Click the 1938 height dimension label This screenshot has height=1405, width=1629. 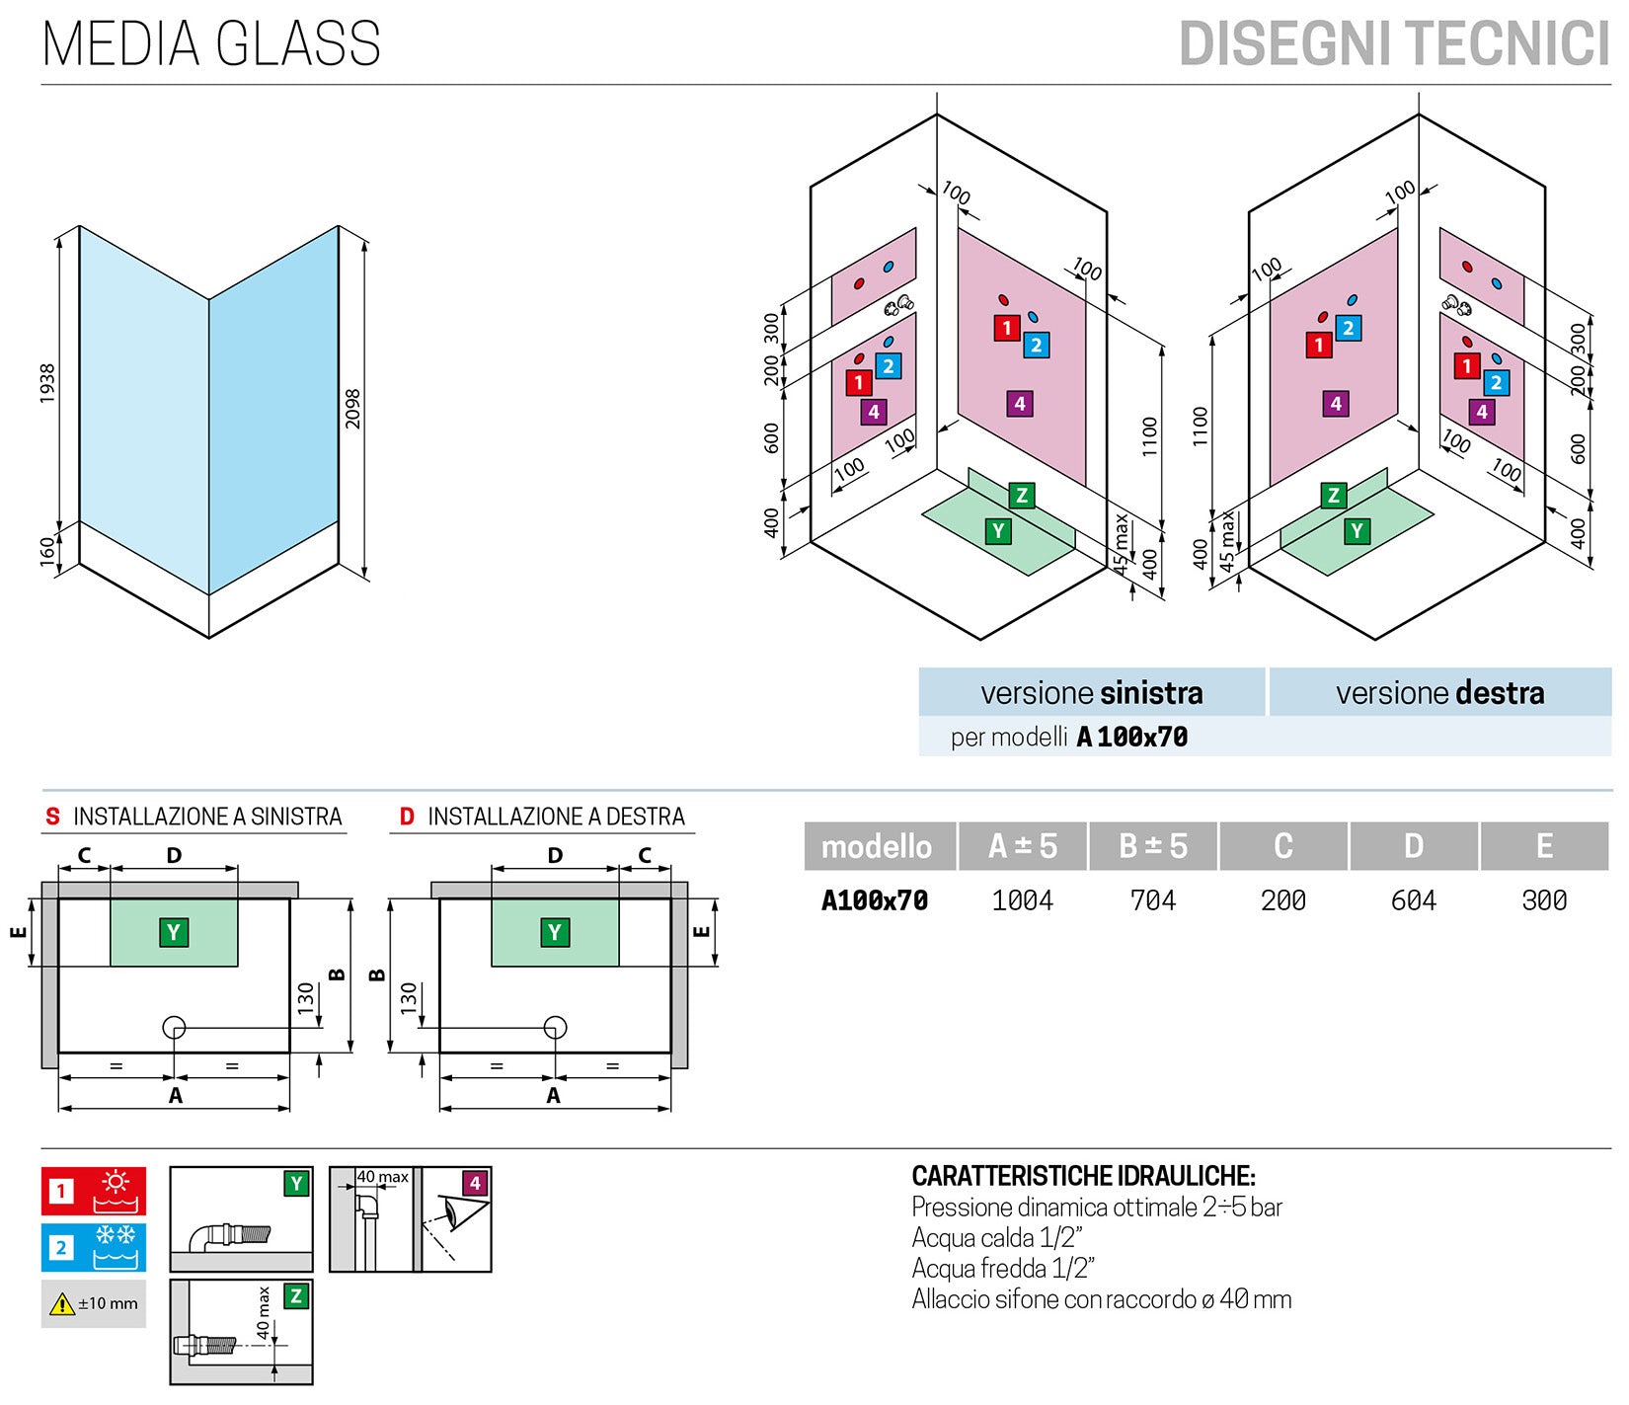[x=47, y=383]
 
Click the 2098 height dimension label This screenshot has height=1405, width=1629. [x=352, y=408]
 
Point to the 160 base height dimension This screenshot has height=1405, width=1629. [x=47, y=551]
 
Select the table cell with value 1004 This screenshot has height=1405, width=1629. [x=1023, y=900]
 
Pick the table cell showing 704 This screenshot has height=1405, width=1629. [x=1153, y=900]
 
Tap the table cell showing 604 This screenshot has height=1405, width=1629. [x=1414, y=900]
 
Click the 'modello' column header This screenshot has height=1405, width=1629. [x=877, y=846]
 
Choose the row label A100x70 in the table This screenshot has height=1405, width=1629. [x=875, y=900]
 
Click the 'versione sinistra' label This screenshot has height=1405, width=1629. [x=1091, y=693]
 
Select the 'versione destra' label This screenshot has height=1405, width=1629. [x=1439, y=693]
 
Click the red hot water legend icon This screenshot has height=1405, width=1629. [x=94, y=1191]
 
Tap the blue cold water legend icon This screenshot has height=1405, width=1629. [x=94, y=1247]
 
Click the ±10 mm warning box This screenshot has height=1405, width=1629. [x=94, y=1303]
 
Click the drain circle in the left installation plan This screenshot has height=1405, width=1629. [x=174, y=1028]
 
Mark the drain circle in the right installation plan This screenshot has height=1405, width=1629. [x=556, y=1028]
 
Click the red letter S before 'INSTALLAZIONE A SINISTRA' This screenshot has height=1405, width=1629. [x=52, y=817]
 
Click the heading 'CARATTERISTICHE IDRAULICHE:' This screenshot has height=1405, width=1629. [x=1083, y=1176]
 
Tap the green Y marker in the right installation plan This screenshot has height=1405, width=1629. [x=555, y=932]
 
